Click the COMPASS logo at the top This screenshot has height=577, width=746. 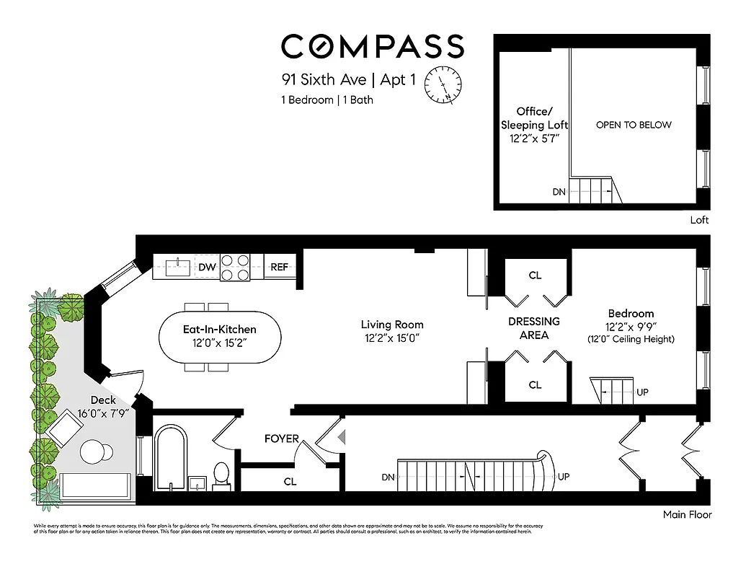[372, 47]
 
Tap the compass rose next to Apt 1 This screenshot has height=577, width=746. [444, 85]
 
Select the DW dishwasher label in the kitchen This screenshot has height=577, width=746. [208, 267]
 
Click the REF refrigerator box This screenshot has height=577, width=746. [279, 267]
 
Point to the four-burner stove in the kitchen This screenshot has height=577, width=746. [235, 267]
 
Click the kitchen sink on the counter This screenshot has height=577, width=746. [176, 267]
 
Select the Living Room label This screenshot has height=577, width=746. [392, 325]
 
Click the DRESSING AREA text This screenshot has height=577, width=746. [534, 328]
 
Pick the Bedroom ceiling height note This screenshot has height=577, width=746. [631, 339]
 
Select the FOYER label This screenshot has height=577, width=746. [282, 439]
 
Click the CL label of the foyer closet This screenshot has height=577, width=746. [290, 481]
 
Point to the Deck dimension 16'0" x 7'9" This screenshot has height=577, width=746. [103, 413]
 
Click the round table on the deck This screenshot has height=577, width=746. [95, 453]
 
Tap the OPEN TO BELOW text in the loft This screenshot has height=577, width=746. [634, 125]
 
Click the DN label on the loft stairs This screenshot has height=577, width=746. [559, 192]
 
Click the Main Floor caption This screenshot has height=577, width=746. [687, 515]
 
